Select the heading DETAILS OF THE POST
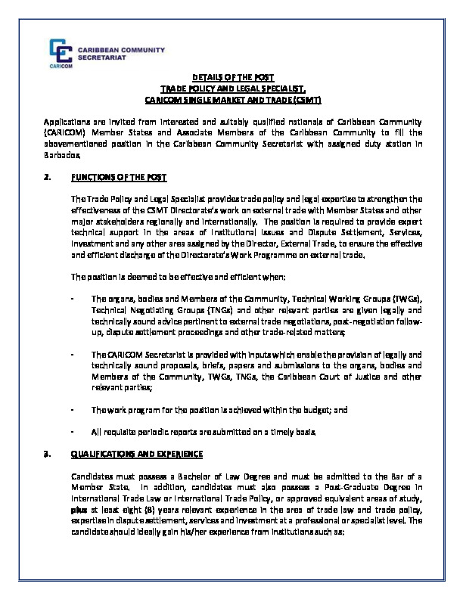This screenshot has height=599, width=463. tap(232, 78)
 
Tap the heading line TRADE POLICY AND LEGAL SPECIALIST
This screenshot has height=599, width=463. tap(232, 88)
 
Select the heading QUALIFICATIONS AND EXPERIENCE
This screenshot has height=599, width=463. tap(137, 454)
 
